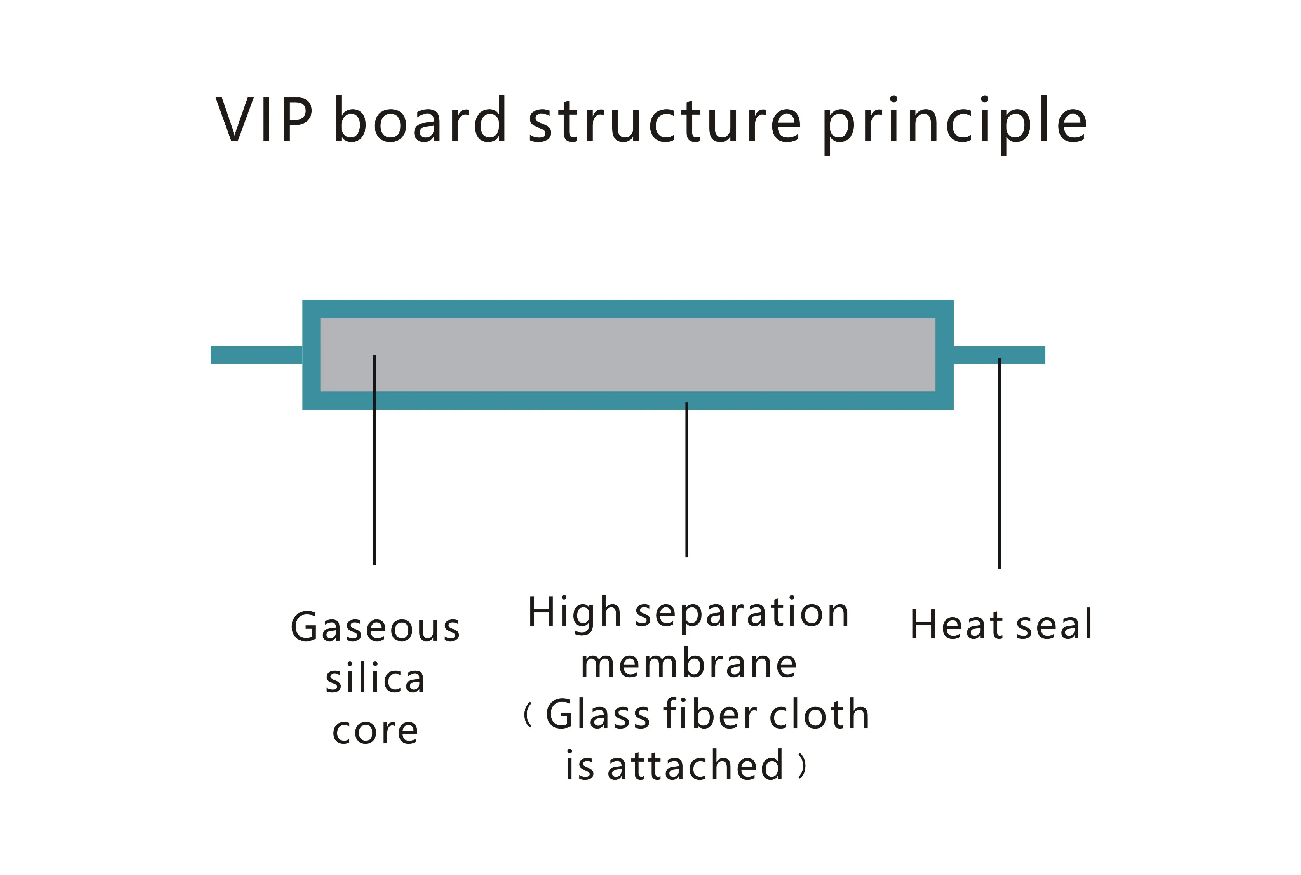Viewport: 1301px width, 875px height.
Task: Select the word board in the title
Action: (x=420, y=120)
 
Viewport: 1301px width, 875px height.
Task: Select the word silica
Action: (x=375, y=680)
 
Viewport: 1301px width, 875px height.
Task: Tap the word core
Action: (x=375, y=731)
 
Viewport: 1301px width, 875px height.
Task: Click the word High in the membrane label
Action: (x=574, y=613)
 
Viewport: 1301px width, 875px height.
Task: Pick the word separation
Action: (x=742, y=614)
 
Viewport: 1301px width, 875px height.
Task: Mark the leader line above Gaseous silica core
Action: (x=374, y=474)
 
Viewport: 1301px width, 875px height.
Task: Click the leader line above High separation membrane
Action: (x=686, y=480)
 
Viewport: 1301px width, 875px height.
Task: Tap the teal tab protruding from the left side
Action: (x=256, y=355)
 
